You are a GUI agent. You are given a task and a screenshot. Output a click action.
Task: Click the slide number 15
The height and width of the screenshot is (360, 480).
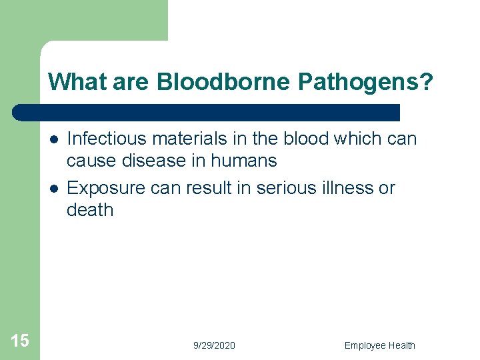pyautogui.click(x=20, y=341)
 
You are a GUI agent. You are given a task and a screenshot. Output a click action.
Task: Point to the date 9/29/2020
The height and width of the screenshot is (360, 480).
pyautogui.click(x=214, y=345)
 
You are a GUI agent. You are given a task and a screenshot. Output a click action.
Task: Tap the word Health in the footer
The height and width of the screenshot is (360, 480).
pyautogui.click(x=401, y=345)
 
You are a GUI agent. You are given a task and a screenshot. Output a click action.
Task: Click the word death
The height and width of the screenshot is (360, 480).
pyautogui.click(x=90, y=209)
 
